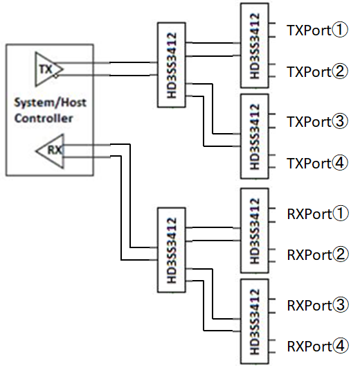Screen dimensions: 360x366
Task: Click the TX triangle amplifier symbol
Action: (x=48, y=69)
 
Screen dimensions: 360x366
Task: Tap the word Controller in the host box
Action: (x=44, y=118)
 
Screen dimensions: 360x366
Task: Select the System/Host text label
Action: (x=50, y=103)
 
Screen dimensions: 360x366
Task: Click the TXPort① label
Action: (x=317, y=30)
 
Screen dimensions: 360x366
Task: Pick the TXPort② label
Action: (x=317, y=71)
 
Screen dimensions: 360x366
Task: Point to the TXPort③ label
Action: (x=317, y=121)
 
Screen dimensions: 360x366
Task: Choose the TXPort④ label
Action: (x=317, y=163)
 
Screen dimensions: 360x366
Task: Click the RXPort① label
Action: (x=318, y=213)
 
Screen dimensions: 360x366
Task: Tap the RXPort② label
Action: (x=318, y=254)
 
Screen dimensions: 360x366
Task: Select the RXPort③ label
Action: (x=318, y=305)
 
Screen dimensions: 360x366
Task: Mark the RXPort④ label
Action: (x=318, y=346)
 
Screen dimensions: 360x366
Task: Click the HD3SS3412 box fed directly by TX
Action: (x=172, y=65)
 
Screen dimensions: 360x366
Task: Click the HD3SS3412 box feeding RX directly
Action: (x=172, y=250)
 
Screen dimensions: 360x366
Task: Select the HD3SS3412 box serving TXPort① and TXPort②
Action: (x=255, y=46)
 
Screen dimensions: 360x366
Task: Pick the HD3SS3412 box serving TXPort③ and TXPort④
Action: (x=255, y=137)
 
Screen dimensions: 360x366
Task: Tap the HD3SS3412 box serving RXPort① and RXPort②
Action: (x=255, y=230)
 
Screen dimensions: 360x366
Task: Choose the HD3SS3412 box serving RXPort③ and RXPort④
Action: (x=255, y=322)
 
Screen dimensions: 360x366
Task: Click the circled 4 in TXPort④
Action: (x=340, y=163)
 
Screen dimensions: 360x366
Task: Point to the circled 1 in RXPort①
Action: (x=341, y=213)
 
